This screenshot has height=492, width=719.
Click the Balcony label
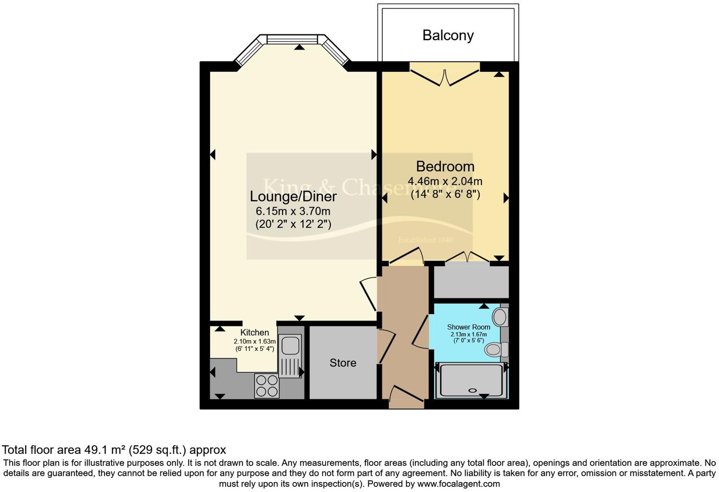click(447, 35)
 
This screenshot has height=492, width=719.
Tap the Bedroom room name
click(445, 167)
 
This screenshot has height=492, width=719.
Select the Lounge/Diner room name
click(293, 196)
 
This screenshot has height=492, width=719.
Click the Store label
click(342, 363)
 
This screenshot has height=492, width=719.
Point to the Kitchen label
click(254, 333)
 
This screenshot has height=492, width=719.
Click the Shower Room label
click(468, 327)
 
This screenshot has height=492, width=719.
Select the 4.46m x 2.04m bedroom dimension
click(445, 181)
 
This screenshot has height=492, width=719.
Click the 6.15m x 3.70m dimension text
click(293, 211)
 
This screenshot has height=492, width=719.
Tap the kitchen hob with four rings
click(267, 385)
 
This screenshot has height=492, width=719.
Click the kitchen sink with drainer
click(290, 356)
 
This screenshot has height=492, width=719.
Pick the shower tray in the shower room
click(471, 380)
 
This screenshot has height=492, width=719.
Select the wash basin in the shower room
click(500, 317)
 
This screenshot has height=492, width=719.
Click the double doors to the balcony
click(445, 76)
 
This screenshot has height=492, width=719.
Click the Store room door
click(386, 348)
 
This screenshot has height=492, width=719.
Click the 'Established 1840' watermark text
click(425, 240)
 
